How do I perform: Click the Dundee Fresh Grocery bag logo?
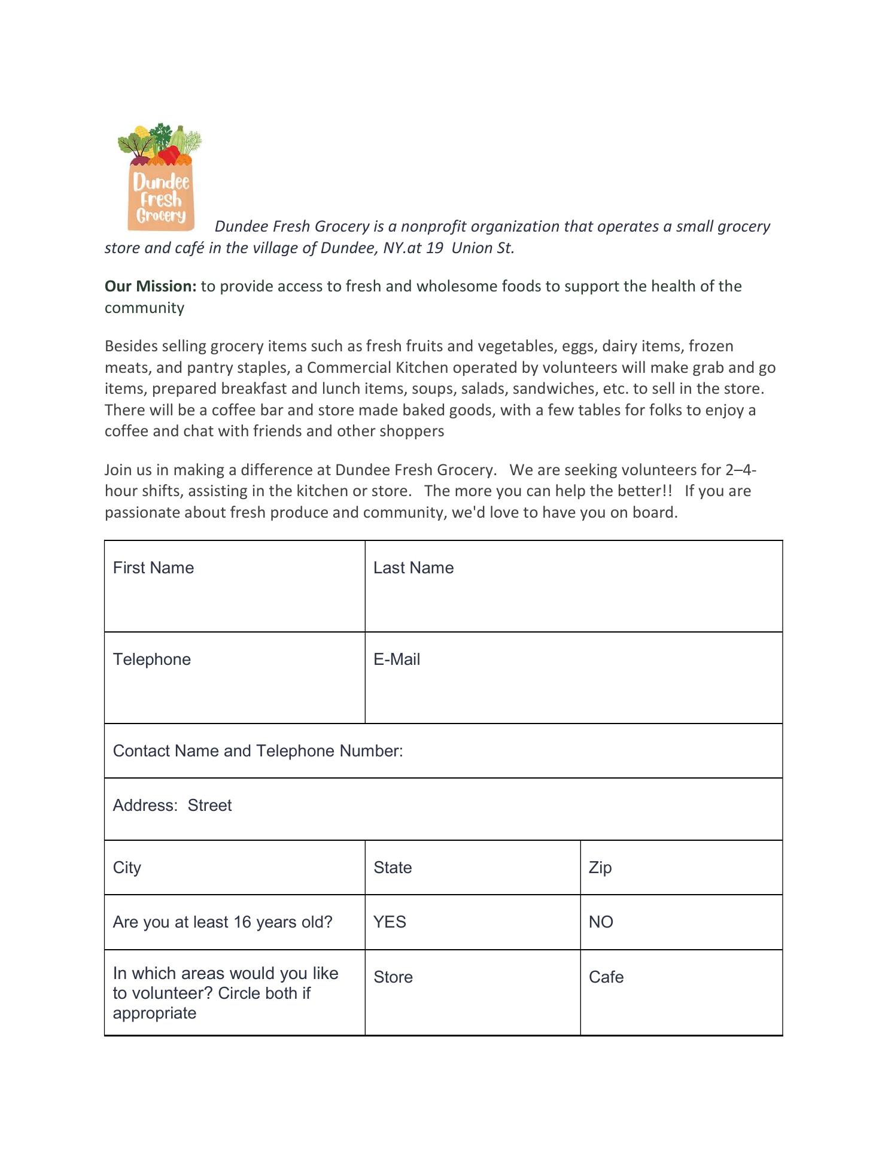coord(160,177)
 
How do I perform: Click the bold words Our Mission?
coord(150,286)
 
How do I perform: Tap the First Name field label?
coord(153,567)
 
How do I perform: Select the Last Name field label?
coord(413,567)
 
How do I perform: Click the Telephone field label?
coord(151,659)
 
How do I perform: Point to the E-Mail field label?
coord(396,659)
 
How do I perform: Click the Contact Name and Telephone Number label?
coord(257,750)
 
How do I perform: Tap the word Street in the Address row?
coord(209,805)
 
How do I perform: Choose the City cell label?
coord(127,867)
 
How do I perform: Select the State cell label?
coord(393,867)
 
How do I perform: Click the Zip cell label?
coord(600,867)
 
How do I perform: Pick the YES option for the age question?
coord(390,922)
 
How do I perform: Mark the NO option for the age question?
coord(601,922)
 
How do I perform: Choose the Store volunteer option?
coord(393,977)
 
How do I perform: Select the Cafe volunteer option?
coord(606,977)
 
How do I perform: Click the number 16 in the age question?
coord(242,922)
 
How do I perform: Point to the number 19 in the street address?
coord(434,248)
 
